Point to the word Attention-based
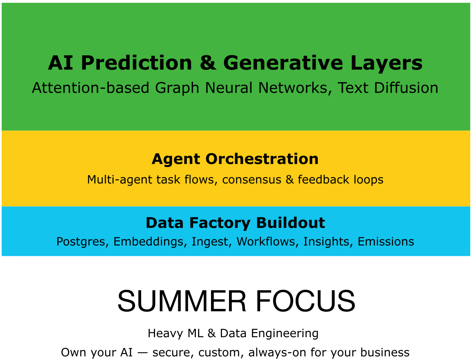click(91, 88)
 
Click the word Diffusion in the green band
click(406, 88)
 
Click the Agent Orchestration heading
click(235, 159)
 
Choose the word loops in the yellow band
click(369, 180)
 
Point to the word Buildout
click(290, 223)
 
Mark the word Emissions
click(386, 241)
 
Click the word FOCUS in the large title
click(306, 301)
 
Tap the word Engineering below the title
click(284, 334)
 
